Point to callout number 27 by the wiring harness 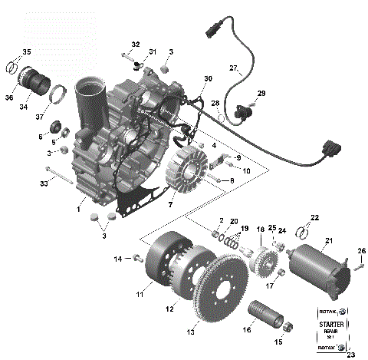pyautogui.click(x=234, y=68)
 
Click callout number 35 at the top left pyautogui.click(x=26, y=52)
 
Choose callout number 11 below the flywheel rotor pyautogui.click(x=140, y=294)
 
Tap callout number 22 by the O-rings pyautogui.click(x=314, y=217)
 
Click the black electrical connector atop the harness pyautogui.click(x=213, y=34)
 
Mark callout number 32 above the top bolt pyautogui.click(x=135, y=45)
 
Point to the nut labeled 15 pyautogui.click(x=280, y=331)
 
